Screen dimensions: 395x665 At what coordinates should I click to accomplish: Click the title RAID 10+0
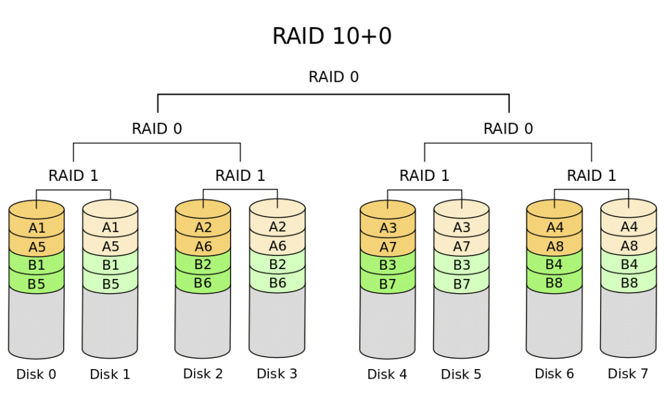point(332,36)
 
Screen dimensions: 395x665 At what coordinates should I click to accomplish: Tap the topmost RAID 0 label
point(333,77)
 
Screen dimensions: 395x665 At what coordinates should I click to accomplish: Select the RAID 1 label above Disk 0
point(73,175)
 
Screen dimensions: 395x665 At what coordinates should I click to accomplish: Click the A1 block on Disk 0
point(37,228)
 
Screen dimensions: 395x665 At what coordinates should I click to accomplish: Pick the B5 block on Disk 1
point(110,283)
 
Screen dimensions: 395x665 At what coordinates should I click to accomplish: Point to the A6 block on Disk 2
point(203,246)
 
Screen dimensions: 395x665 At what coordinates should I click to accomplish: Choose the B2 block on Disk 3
point(277,265)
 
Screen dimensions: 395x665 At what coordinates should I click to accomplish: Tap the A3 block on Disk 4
point(388,228)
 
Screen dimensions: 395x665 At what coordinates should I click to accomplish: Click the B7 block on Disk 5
point(462,283)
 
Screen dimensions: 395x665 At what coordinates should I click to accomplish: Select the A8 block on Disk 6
point(555,246)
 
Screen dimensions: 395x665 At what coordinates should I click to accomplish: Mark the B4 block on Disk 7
point(629,265)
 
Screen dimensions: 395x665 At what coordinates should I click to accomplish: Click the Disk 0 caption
point(36,374)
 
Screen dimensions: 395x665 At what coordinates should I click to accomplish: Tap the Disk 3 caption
point(277,374)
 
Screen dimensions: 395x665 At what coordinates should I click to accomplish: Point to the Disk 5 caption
point(461,374)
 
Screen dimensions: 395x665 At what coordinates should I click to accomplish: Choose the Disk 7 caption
point(628,374)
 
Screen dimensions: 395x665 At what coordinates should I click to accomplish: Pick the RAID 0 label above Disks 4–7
point(508,128)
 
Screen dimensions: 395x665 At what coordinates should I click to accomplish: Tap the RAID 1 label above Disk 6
point(592,175)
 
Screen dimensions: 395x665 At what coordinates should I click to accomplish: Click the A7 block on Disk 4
point(388,246)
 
